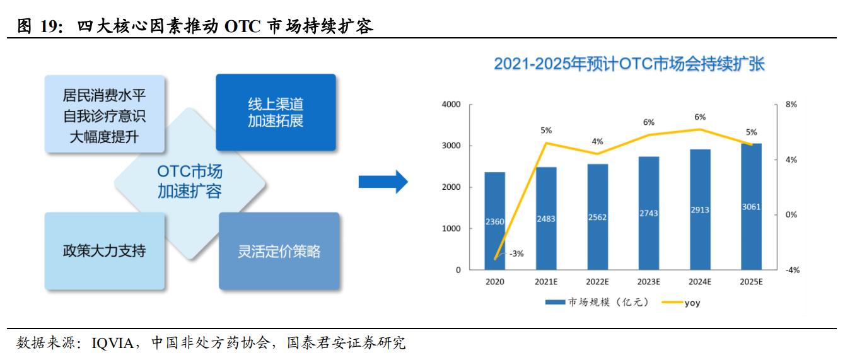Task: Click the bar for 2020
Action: click(x=495, y=221)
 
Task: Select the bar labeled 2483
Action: click(x=546, y=218)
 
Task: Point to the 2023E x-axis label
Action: click(x=648, y=281)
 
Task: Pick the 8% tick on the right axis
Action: click(x=791, y=105)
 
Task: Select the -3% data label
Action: click(x=516, y=253)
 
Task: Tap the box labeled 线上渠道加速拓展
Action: click(x=276, y=112)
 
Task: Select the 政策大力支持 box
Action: click(x=105, y=250)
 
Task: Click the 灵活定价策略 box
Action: click(x=279, y=251)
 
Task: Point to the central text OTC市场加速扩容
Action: click(x=190, y=181)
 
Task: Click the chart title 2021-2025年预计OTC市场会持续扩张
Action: click(x=629, y=64)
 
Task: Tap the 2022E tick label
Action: click(x=597, y=281)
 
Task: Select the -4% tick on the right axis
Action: click(x=791, y=270)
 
